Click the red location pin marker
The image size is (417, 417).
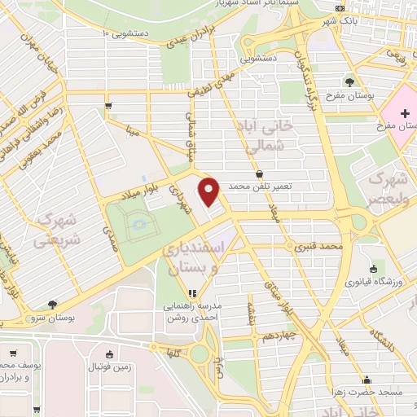[209, 191]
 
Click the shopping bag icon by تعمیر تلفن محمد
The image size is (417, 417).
[259, 173]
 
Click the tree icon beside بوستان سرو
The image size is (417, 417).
[53, 303]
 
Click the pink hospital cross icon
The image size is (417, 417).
[402, 112]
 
